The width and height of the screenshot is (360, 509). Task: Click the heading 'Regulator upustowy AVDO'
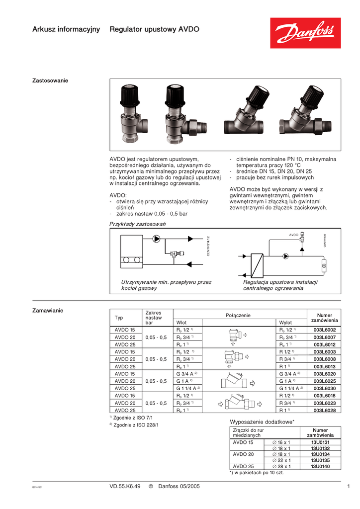pyautogui.click(x=154, y=29)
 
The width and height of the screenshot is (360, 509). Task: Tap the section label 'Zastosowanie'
pyautogui.click(x=50, y=81)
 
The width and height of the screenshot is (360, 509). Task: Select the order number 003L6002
pyautogui.click(x=324, y=330)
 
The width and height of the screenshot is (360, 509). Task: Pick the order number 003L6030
pyautogui.click(x=324, y=388)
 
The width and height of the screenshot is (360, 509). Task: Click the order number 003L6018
pyautogui.click(x=324, y=396)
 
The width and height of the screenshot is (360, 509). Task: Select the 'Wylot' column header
pyautogui.click(x=285, y=323)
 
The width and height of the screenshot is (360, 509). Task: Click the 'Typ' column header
pyautogui.click(x=119, y=318)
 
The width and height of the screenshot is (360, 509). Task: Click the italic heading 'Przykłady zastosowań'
pyautogui.click(x=137, y=224)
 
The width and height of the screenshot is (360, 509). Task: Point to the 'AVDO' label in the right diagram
pyautogui.click(x=293, y=234)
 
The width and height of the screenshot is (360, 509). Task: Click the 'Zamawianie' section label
pyautogui.click(x=48, y=311)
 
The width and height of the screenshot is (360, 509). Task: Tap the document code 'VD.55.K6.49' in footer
pyautogui.click(x=125, y=486)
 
